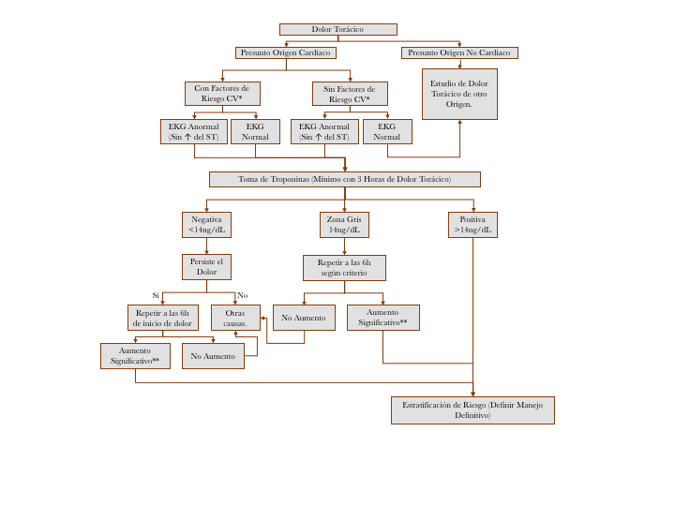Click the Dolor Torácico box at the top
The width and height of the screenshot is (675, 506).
point(337,29)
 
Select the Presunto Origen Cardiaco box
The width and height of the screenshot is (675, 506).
point(285,52)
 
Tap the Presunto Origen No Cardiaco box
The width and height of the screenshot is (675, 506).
point(458,52)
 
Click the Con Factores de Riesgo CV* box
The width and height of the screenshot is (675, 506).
point(222,94)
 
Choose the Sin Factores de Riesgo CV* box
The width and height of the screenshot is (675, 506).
point(350,94)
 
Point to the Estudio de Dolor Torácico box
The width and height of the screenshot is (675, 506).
point(459,94)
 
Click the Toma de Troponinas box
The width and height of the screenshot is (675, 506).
point(344,179)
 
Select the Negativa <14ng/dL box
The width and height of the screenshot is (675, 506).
point(206,225)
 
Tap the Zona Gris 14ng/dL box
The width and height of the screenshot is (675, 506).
point(344,225)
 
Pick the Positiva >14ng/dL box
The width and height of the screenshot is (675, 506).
point(472,225)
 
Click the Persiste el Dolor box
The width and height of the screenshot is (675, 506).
point(206,267)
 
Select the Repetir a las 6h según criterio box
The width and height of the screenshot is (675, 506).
point(344,268)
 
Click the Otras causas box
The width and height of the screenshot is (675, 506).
point(235,318)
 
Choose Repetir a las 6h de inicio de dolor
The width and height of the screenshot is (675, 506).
point(162,318)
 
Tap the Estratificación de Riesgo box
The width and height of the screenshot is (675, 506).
point(472,410)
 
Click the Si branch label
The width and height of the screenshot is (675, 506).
point(156,295)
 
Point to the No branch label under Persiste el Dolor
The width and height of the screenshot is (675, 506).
point(242,295)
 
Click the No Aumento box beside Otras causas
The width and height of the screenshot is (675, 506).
point(304,318)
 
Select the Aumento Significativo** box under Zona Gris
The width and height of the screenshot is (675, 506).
point(382,318)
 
